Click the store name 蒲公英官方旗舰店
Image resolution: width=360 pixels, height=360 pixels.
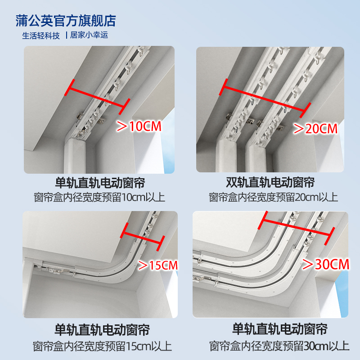66,21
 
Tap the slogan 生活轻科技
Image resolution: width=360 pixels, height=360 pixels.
41,36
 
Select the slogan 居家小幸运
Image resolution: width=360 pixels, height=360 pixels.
89,35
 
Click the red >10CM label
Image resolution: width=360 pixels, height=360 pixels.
139,126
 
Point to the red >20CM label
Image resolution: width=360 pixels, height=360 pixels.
316,129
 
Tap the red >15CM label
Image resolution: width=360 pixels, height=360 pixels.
158,265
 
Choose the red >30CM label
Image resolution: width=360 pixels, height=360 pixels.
326,264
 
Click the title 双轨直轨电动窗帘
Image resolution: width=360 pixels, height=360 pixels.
270,183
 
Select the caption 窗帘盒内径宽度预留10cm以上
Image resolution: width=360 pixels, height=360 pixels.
99,198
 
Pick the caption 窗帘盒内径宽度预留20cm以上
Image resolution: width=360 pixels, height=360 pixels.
273,198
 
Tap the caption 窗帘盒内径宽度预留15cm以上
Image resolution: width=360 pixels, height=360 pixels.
102,346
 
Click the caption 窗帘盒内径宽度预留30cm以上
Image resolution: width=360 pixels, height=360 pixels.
279,346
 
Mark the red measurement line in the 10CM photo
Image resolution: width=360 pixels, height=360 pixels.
97,97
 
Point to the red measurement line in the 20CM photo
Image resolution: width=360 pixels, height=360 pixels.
265,98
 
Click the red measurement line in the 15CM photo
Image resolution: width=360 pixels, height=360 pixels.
142,237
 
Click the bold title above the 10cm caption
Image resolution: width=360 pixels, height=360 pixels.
100,183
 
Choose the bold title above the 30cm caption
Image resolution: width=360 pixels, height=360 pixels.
280,329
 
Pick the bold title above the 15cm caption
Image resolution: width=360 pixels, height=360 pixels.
102,330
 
